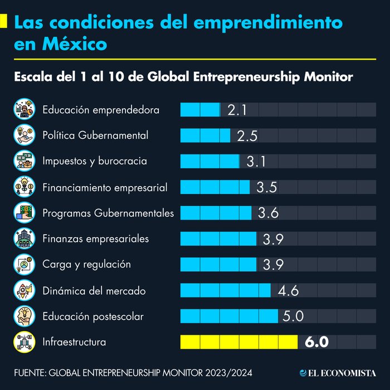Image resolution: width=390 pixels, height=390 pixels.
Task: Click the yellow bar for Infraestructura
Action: tap(239, 341)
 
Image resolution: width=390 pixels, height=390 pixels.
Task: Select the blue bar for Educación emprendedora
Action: tap(200, 109)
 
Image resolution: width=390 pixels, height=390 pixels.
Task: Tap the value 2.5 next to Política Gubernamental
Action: tap(246, 135)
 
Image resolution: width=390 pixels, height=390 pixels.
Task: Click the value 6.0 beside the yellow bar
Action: tap(316, 342)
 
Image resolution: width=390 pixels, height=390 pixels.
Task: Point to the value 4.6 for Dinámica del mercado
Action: tap(288, 290)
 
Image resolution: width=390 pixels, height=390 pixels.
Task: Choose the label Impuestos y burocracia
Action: tap(95, 161)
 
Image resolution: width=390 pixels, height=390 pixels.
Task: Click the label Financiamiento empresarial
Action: tap(105, 187)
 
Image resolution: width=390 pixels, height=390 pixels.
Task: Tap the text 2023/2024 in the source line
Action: tap(237, 372)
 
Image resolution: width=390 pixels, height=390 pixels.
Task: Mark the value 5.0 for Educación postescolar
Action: tap(293, 316)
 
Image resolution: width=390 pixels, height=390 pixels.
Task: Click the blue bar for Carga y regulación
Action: tap(218, 264)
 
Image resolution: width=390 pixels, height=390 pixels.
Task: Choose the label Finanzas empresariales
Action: tap(95, 238)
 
